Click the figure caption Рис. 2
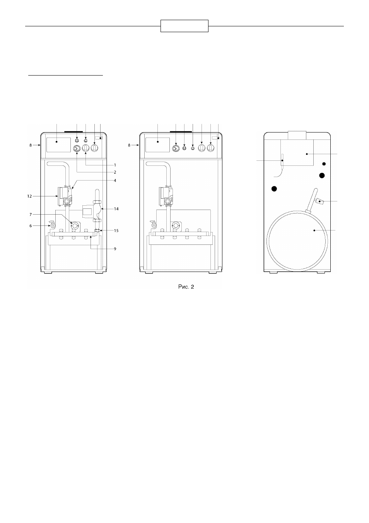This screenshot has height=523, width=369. point(186,287)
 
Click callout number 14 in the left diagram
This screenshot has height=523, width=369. point(116,209)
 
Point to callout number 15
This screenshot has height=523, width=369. point(116,231)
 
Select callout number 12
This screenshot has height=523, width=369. point(29,196)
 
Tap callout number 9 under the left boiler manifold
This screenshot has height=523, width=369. point(115,249)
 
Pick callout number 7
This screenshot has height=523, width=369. point(31,214)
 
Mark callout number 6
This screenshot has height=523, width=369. point(31,226)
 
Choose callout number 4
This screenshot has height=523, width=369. point(115,181)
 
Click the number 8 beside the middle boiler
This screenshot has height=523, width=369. point(129,145)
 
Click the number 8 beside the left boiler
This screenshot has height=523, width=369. point(31,145)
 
